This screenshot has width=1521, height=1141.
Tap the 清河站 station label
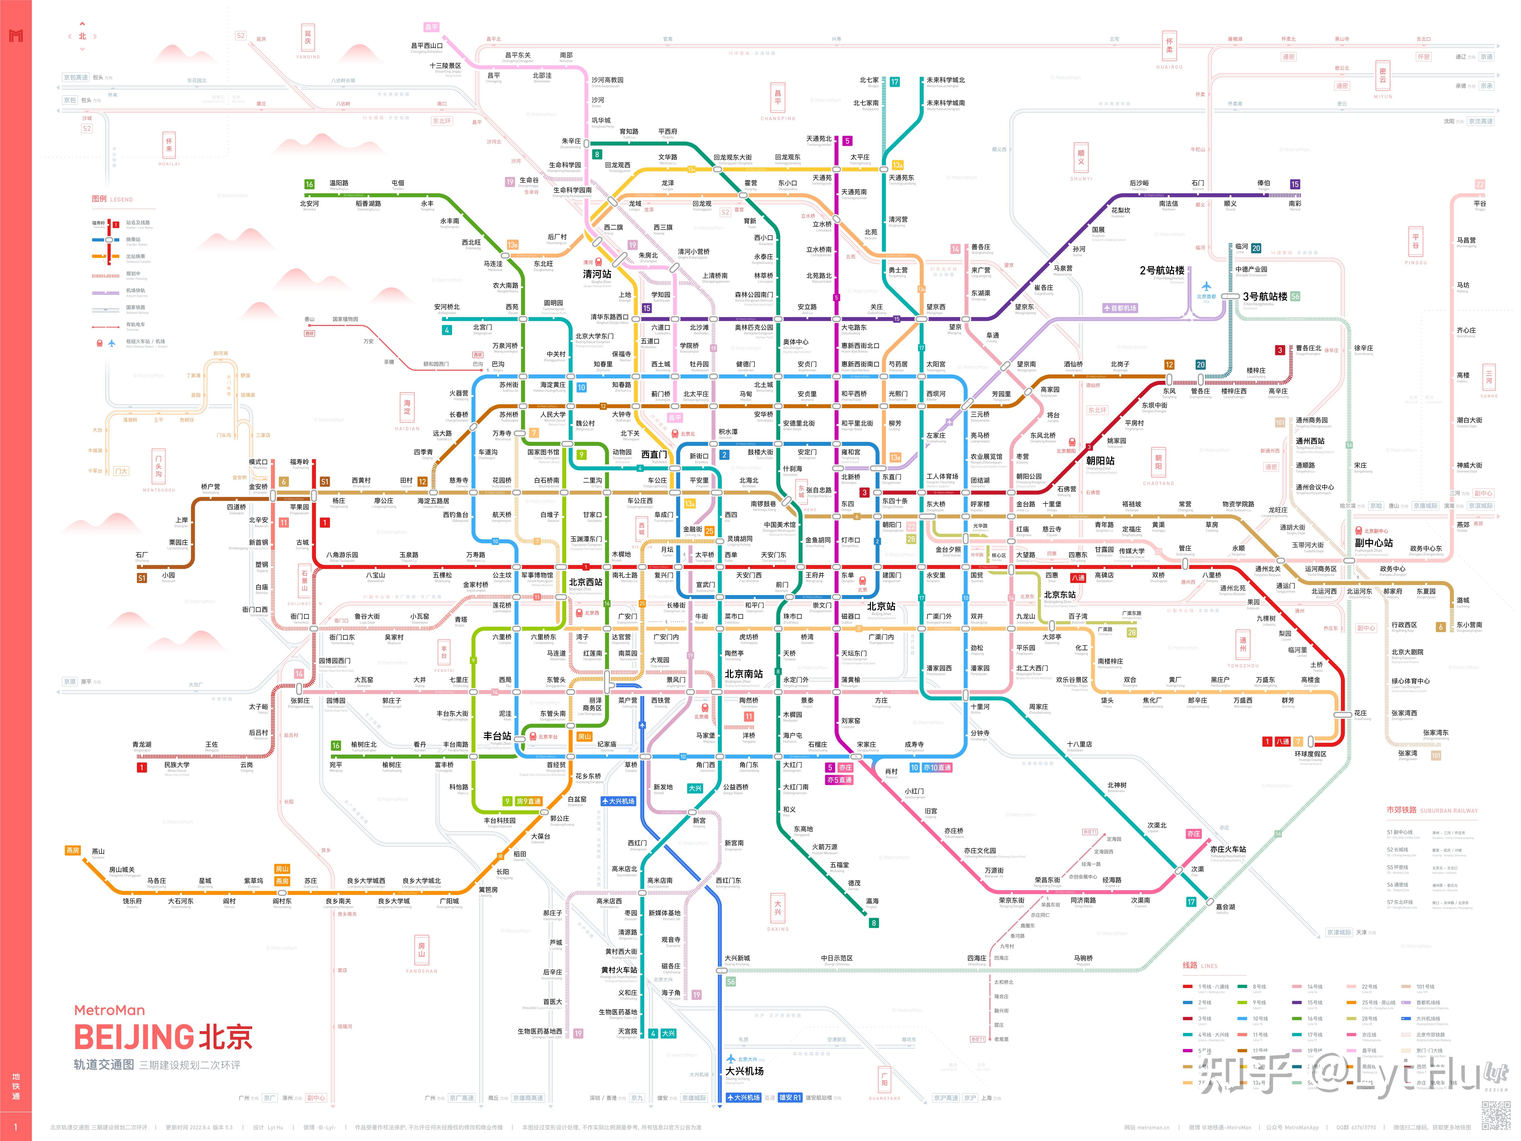[597, 274]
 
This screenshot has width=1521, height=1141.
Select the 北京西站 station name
[585, 582]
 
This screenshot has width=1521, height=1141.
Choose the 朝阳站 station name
[1100, 461]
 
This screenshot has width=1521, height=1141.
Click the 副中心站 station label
[1374, 543]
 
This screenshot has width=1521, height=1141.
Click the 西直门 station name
[654, 455]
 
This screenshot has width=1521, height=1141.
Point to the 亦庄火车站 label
[1228, 849]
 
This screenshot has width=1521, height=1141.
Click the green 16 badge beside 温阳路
[309, 184]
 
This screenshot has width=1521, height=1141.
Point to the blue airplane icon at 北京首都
[1206, 286]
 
